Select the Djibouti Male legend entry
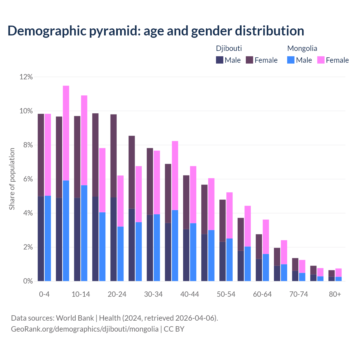point(228,60)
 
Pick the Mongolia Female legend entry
point(333,60)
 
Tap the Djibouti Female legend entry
point(262,60)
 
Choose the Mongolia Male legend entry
point(300,60)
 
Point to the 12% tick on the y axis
point(26,77)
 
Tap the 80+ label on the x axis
point(335,294)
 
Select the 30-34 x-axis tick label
point(153,294)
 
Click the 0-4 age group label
point(44,294)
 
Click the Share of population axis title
point(12,179)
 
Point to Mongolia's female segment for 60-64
point(266,237)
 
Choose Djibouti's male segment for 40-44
point(186,255)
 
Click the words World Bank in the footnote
point(75,318)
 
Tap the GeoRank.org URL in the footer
point(84,329)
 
